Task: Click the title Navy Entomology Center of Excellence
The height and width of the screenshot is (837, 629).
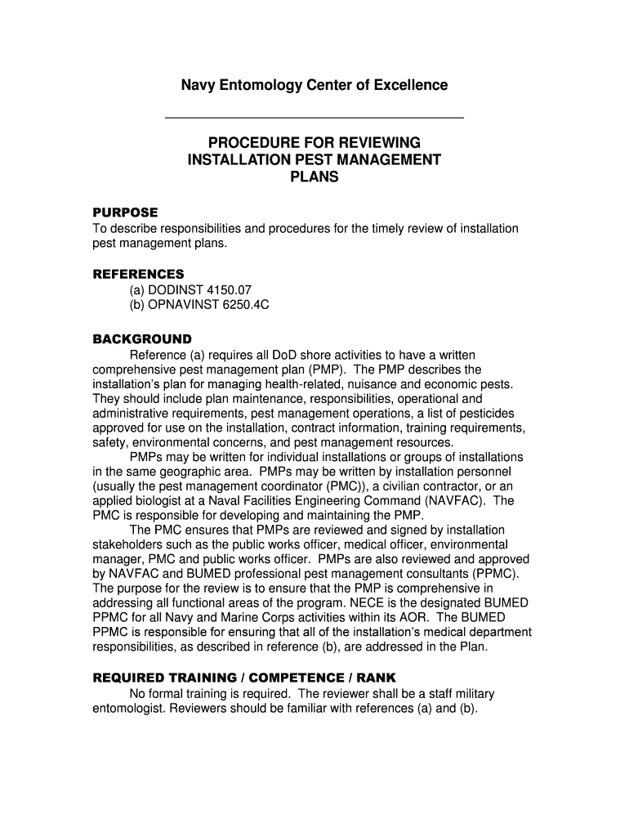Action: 314,85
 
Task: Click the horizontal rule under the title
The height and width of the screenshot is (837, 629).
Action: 314,119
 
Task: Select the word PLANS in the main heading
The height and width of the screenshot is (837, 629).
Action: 314,177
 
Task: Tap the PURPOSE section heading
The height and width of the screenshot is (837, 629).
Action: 125,213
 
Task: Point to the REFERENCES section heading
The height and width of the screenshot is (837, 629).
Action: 138,274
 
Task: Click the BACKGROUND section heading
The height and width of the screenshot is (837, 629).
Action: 141,338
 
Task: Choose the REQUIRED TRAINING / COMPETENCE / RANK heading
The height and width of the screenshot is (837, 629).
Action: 243,678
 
